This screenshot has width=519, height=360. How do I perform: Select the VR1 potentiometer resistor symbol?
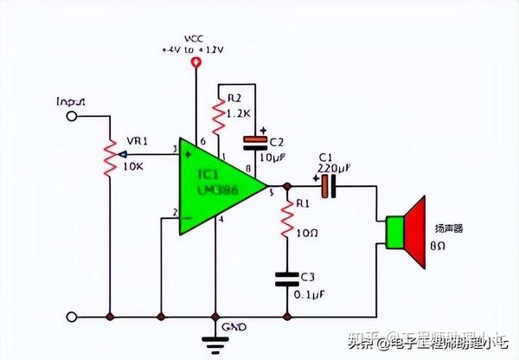pyautogui.click(x=110, y=156)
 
